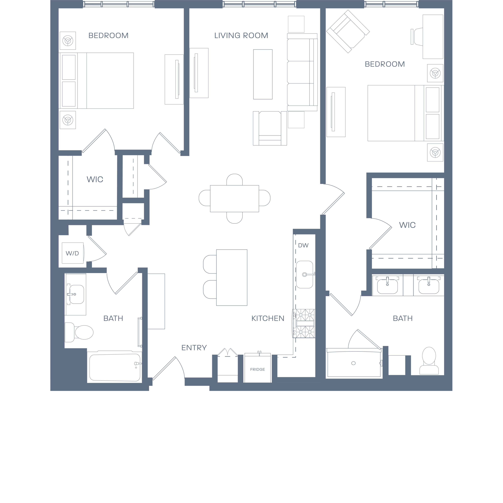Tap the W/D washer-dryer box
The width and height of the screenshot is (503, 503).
tap(73, 253)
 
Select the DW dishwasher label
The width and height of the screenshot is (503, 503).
tap(303, 245)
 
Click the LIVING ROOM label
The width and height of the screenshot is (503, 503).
tap(241, 35)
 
